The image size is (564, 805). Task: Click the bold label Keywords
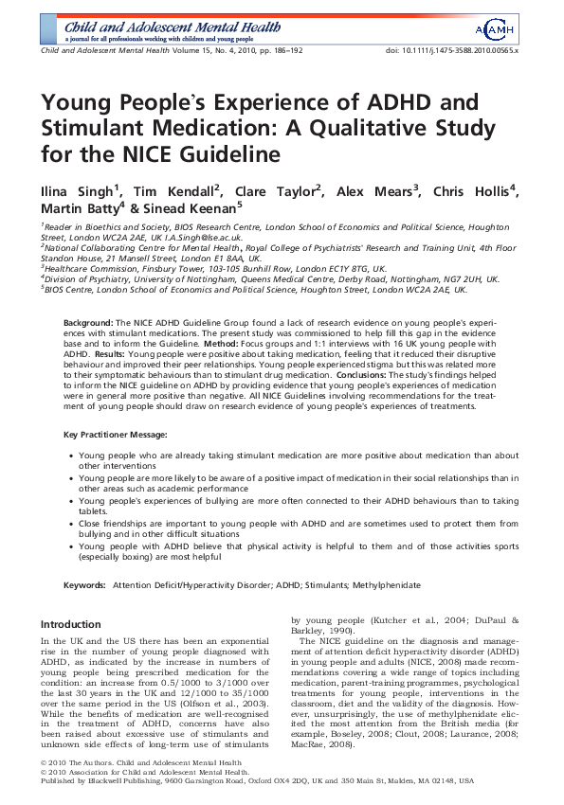tap(83, 586)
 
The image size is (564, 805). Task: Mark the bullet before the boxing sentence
tap(71, 546)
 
